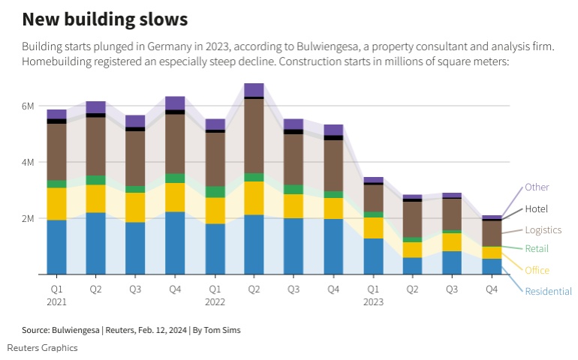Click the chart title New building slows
pyautogui.click(x=105, y=18)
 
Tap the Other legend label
pyautogui.click(x=537, y=187)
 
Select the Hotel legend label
pyautogui.click(x=537, y=209)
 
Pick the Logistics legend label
pyautogui.click(x=543, y=230)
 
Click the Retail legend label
pyautogui.click(x=537, y=249)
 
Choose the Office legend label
pyautogui.click(x=537, y=270)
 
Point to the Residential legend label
pyautogui.click(x=548, y=291)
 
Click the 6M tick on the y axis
pyautogui.click(x=27, y=106)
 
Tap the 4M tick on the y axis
pyautogui.click(x=27, y=163)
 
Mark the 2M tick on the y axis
pyautogui.click(x=27, y=219)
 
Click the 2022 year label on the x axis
pyautogui.click(x=215, y=301)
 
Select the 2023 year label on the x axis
pyautogui.click(x=373, y=301)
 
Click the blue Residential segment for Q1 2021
pyautogui.click(x=56, y=247)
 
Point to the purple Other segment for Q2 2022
pyautogui.click(x=254, y=90)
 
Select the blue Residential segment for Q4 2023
pyautogui.click(x=492, y=266)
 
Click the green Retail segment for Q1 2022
pyautogui.click(x=215, y=192)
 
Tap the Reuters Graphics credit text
pyautogui.click(x=42, y=348)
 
